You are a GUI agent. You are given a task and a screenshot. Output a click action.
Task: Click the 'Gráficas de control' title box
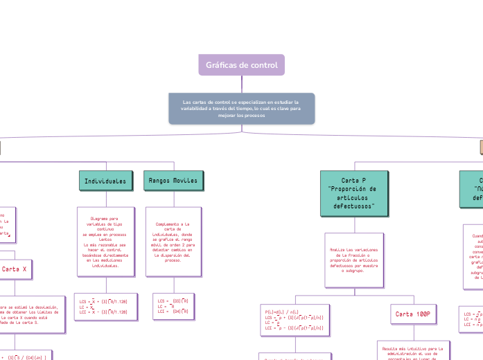point(241,65)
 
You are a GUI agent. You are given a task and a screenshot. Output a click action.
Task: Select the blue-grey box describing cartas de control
point(241,109)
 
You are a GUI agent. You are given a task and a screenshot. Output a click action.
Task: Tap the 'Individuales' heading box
point(105,181)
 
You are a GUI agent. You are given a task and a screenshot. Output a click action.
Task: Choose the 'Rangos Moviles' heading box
point(173,181)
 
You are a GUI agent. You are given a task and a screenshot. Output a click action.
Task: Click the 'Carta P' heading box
point(354,193)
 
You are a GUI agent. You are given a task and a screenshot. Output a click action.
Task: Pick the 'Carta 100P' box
point(414,314)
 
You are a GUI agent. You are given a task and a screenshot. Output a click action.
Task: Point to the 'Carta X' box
point(15,269)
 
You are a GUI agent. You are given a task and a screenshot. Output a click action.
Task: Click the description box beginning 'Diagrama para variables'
point(105,241)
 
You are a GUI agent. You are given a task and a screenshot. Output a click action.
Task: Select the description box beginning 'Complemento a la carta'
point(173,241)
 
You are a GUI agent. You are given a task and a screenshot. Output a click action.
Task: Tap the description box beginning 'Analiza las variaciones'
point(353,259)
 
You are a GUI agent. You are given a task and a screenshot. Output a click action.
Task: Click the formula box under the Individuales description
point(105,307)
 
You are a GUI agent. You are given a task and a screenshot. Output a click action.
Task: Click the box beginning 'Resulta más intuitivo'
point(414,350)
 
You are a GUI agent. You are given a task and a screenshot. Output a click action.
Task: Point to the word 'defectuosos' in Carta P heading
point(354,206)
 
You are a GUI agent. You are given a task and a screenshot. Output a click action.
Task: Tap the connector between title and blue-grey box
point(241,84)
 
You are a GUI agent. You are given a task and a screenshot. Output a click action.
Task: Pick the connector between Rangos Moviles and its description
point(173,198)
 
